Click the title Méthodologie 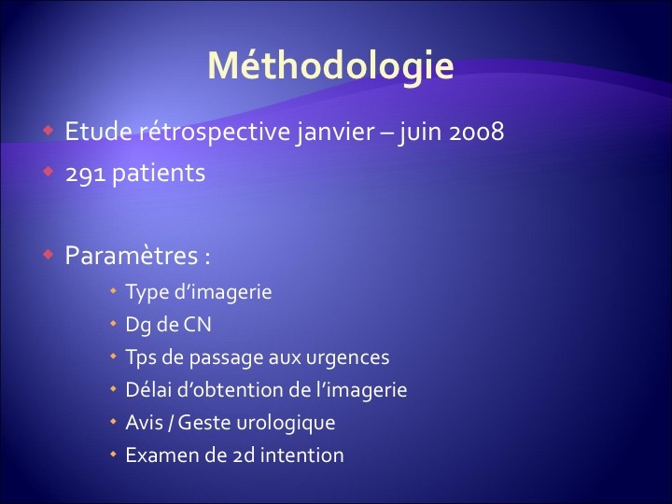[x=330, y=66]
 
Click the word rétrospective [x=215, y=132]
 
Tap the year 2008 [x=477, y=132]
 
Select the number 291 [x=85, y=174]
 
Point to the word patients [x=159, y=174]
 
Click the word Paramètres [x=132, y=256]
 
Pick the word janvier [x=335, y=132]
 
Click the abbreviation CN [x=198, y=325]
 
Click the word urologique [x=286, y=424]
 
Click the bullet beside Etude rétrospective [x=48, y=130]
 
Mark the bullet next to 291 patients [x=48, y=172]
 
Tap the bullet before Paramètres [x=48, y=255]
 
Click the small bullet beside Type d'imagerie [x=113, y=290]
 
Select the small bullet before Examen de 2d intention [x=113, y=454]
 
